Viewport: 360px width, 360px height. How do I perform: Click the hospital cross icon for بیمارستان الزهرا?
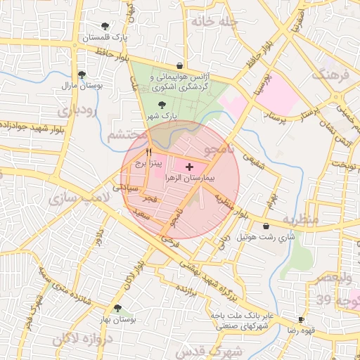click(190, 167)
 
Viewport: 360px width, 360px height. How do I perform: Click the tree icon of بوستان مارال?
click(82, 74)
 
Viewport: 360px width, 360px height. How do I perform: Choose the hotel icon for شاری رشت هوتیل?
click(266, 226)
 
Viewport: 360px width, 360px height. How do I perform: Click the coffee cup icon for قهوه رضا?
click(300, 319)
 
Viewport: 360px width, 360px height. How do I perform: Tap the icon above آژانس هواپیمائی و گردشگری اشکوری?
click(180, 66)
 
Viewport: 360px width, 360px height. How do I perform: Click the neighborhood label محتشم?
click(127, 133)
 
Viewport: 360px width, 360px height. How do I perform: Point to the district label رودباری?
click(74, 111)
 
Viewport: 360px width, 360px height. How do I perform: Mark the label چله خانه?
click(214, 21)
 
